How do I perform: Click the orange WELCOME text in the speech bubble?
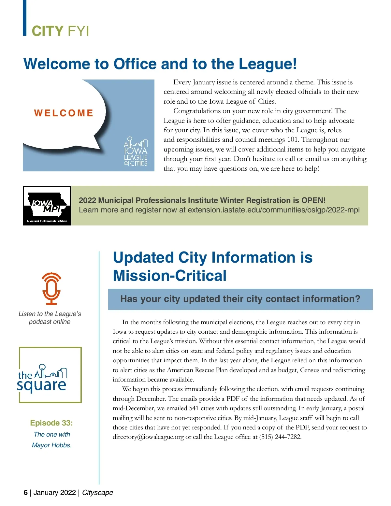64,113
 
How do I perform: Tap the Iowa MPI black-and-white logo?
47,206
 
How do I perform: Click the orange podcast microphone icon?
51,289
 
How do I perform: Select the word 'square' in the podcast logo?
42,385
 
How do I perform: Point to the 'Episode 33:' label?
51,423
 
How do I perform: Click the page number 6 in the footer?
26,492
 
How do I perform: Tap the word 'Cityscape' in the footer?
97,492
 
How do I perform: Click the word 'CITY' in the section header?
48,31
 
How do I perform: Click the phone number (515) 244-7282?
280,437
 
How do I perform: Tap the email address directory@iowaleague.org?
148,437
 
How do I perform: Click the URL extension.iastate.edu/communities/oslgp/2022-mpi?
274,210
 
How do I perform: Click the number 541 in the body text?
194,408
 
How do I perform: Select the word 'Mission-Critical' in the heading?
169,276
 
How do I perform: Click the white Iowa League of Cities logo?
136,152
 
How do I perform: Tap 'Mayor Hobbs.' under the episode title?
51,445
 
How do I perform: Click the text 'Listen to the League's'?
50,314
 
